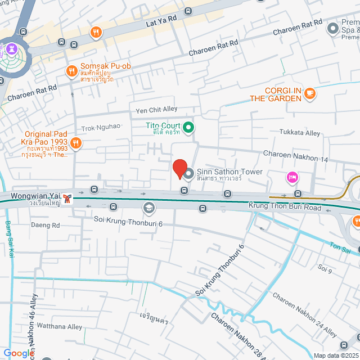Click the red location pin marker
coord(179,168)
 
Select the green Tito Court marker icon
coord(190,128)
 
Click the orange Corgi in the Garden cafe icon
coord(310,93)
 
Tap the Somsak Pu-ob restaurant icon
coord(71,70)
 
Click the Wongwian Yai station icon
coord(67,197)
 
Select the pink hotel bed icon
coord(292,178)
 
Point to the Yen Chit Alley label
coord(152,110)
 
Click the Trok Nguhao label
coord(101,128)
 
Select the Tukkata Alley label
coord(300,133)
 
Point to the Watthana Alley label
coord(60,326)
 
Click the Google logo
coord(18,353)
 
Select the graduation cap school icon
coord(148,209)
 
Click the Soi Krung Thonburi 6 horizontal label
coord(128,223)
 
